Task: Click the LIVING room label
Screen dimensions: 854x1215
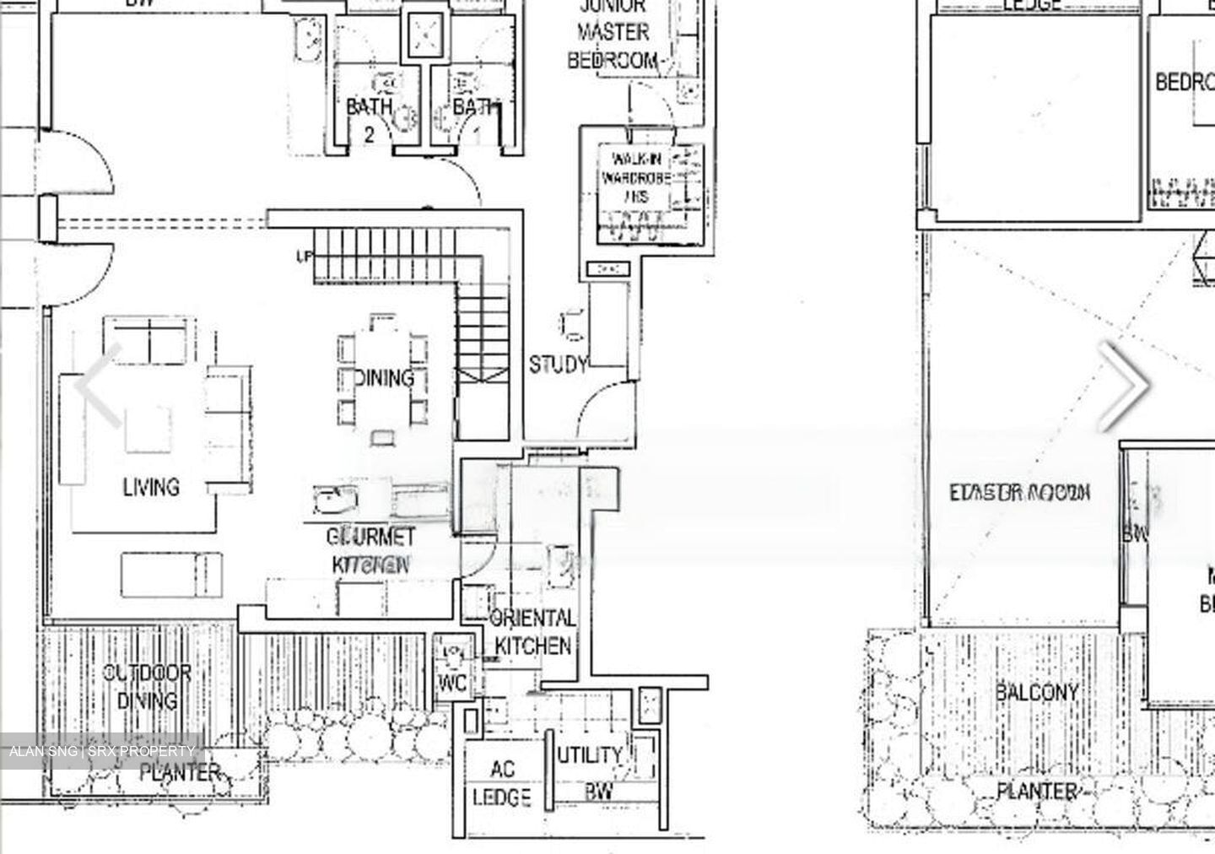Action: point(151,487)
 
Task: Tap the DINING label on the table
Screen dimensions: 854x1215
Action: point(384,378)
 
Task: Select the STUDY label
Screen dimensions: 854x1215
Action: point(558,365)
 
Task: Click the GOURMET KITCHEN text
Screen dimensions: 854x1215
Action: point(371,550)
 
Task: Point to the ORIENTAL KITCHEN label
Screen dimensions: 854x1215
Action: point(532,632)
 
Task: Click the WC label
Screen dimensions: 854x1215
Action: point(453,684)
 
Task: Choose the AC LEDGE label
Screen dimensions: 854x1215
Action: point(501,783)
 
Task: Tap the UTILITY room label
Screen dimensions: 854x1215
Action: point(590,755)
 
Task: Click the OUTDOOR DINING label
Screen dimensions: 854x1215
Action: point(147,687)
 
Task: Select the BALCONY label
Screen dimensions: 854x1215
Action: point(1037,693)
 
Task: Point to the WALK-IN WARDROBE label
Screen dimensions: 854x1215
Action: point(636,178)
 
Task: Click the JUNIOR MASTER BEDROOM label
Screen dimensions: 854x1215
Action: point(613,34)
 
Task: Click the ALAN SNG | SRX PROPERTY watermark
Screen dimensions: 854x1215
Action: point(102,751)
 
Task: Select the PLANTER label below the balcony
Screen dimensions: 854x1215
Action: point(1037,792)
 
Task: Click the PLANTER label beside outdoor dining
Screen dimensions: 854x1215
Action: point(180,772)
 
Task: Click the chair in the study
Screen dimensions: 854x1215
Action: point(572,324)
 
